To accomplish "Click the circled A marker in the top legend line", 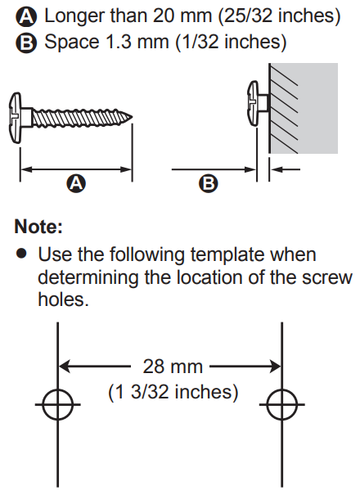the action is [x=26, y=16].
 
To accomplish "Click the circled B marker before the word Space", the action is [x=26, y=43].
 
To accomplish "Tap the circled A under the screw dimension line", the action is [x=76, y=183].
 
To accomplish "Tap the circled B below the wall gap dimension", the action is [x=209, y=183].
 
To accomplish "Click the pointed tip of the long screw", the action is [x=132, y=117].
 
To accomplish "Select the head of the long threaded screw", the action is [x=16, y=117].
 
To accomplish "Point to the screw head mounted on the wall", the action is [x=254, y=103].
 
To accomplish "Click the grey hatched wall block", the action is [x=304, y=108].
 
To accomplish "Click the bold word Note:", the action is [x=38, y=227].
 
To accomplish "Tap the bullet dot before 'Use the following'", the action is [x=22, y=254].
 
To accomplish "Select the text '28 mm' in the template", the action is [x=173, y=367].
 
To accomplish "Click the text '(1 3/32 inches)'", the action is [x=173, y=392].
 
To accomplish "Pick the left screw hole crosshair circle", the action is [x=57, y=404].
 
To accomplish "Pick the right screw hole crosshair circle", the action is [x=282, y=404].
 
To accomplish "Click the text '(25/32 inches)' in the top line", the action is [x=279, y=16].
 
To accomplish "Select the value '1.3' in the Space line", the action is [x=118, y=42].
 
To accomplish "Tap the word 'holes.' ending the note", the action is [x=63, y=299].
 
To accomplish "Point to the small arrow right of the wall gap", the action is [x=286, y=169].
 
